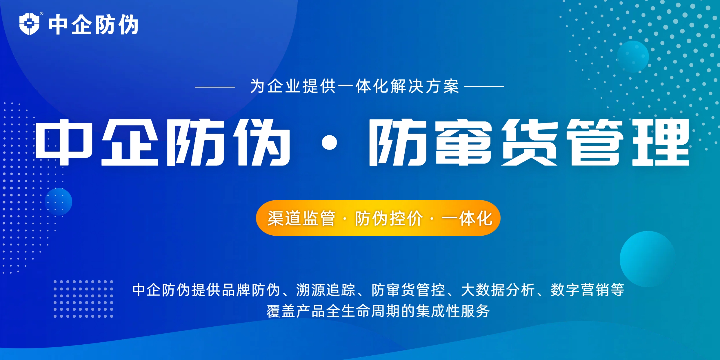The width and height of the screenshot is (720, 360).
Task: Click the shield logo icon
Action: click(x=29, y=24)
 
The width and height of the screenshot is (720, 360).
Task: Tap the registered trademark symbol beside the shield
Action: click(x=42, y=14)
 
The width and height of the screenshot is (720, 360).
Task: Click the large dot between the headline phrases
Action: click(x=329, y=143)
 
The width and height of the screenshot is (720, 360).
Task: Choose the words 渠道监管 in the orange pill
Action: click(x=301, y=218)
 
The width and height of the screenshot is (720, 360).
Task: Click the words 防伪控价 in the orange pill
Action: click(x=389, y=218)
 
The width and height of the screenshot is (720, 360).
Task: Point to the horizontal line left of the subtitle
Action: click(x=214, y=87)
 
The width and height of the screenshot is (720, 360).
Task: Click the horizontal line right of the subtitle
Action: click(x=484, y=86)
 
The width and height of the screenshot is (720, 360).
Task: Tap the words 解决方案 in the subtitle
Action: click(x=425, y=86)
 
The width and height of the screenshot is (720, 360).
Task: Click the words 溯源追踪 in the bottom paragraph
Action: click(x=326, y=290)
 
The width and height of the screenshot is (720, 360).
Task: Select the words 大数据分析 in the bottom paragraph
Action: click(x=498, y=290)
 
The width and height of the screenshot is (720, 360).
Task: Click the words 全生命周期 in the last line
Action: click(x=363, y=311)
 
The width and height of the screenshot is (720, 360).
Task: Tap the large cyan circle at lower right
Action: click(x=648, y=259)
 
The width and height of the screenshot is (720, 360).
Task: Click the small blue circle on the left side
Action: click(x=59, y=202)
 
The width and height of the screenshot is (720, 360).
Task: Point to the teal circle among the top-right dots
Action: click(x=633, y=57)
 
